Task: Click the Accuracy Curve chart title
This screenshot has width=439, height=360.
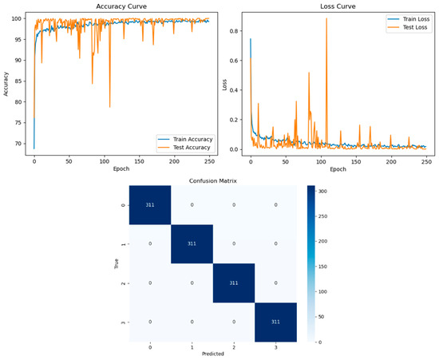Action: point(121,6)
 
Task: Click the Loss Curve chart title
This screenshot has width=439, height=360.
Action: point(338,6)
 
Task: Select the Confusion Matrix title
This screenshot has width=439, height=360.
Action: point(213,181)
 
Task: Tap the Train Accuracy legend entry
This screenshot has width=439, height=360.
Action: point(185,139)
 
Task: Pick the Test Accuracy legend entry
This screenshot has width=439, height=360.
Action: point(184,147)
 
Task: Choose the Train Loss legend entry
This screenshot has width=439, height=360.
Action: point(409,19)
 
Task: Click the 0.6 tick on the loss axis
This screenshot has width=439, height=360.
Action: point(234,61)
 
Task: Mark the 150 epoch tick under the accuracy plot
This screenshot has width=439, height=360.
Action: point(139,161)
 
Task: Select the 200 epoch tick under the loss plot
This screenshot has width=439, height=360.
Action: point(391,161)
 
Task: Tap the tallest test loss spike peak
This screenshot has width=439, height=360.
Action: point(326,18)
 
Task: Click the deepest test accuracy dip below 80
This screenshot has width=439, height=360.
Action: point(110,107)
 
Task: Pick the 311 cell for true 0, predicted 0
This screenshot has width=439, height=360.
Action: point(150,205)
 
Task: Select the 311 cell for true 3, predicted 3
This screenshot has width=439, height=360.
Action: point(275,322)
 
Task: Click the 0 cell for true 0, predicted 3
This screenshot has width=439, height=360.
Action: point(275,205)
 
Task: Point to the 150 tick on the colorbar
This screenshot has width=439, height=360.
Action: point(322,267)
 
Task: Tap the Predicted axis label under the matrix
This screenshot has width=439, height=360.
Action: point(213,354)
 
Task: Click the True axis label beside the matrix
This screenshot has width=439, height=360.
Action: point(117,263)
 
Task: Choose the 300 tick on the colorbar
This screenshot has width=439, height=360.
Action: point(322,192)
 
